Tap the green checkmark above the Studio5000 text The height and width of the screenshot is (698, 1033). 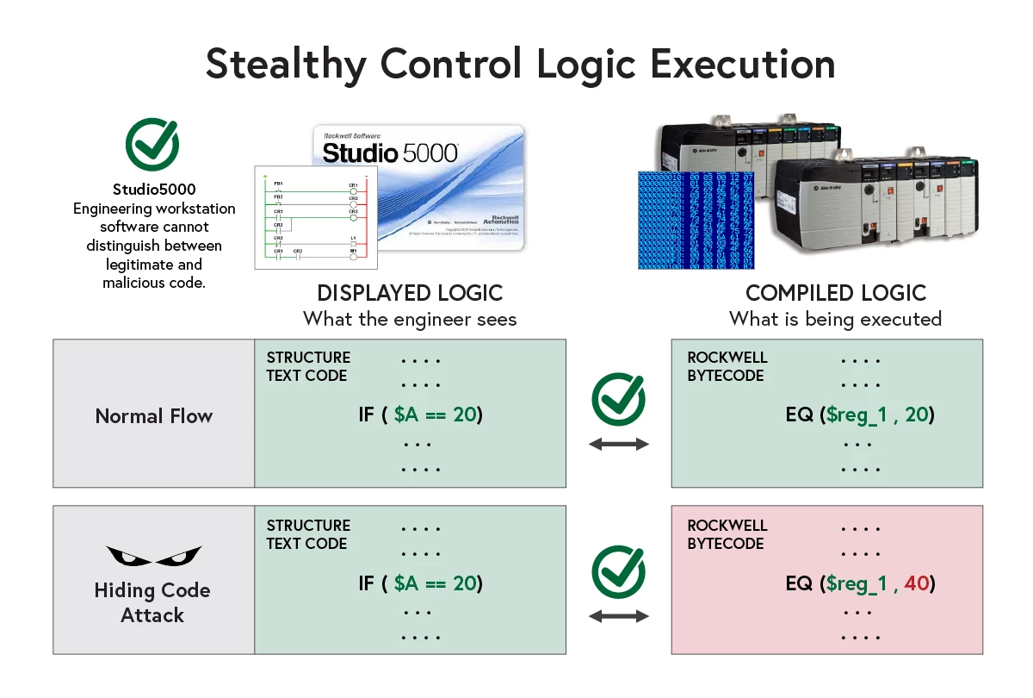(152, 144)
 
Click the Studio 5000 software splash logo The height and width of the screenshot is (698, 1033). (417, 188)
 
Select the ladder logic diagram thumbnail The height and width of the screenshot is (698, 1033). (316, 217)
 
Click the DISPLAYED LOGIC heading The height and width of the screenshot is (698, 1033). (410, 293)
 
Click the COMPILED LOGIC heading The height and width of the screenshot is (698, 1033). (835, 293)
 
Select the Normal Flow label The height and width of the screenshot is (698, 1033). (153, 416)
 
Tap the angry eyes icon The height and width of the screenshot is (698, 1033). (153, 555)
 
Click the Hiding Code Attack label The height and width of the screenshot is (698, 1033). (152, 602)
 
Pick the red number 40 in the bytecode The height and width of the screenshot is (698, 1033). (916, 583)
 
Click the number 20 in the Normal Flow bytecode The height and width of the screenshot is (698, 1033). (916, 414)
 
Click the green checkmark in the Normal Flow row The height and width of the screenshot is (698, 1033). (618, 399)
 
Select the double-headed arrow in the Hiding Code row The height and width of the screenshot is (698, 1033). (618, 616)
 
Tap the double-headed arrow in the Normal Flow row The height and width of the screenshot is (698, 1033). (618, 444)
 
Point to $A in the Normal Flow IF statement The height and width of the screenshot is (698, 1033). (407, 414)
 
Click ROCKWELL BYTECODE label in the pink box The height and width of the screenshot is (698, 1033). (727, 534)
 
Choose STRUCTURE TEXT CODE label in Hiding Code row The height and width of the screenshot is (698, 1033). (308, 534)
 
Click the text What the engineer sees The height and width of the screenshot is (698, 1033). (410, 319)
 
